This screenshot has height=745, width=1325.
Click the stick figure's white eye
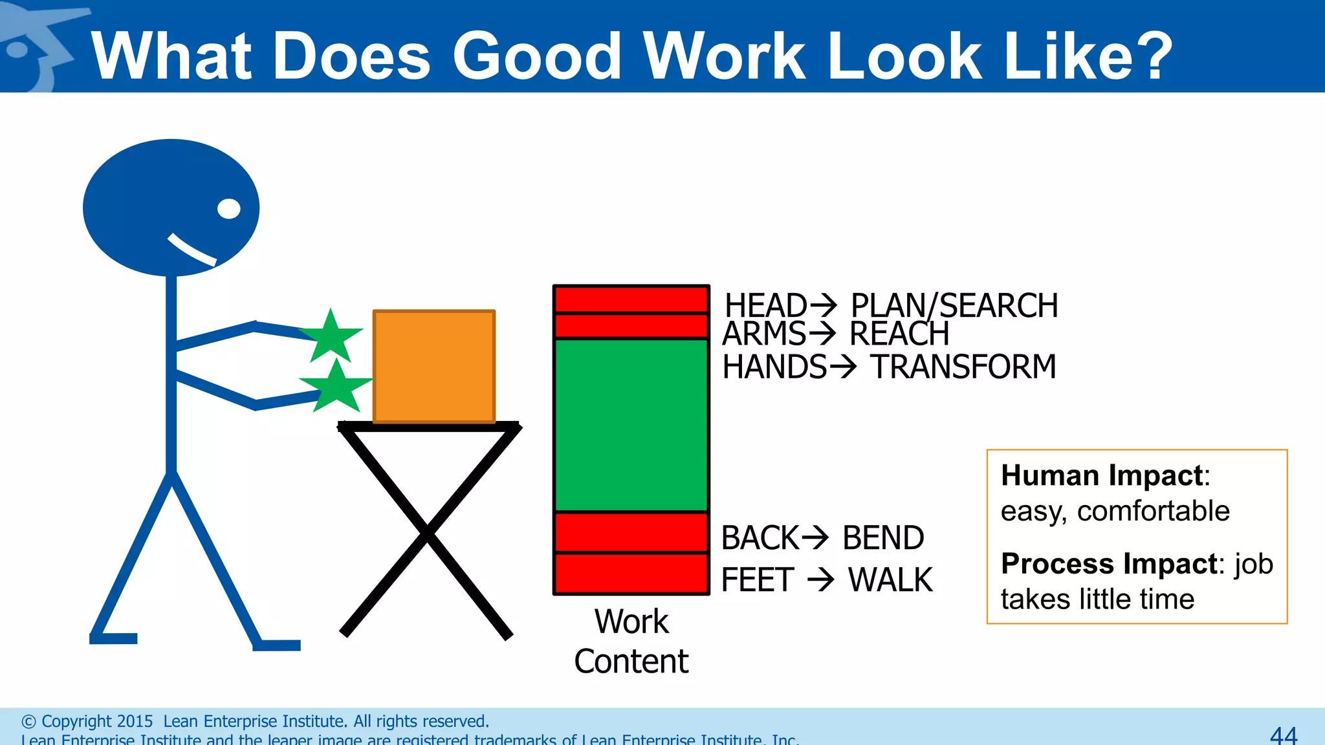click(229, 209)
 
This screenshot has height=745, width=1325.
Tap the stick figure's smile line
click(192, 250)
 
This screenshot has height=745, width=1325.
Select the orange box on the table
click(434, 366)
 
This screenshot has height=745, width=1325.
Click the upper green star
click(331, 337)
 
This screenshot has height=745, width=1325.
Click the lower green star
click(336, 387)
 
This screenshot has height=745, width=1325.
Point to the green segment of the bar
click(631, 425)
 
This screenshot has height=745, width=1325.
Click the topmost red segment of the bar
click(631, 300)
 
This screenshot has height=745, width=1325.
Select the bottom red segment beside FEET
click(631, 573)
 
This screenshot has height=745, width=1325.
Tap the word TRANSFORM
click(963, 367)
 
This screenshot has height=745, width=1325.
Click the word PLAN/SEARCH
click(954, 305)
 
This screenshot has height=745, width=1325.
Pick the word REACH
click(899, 334)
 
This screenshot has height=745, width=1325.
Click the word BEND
click(883, 538)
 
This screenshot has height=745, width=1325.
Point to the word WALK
click(890, 579)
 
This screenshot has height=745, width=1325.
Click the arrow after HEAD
click(824, 304)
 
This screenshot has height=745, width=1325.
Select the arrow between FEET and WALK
click(821, 579)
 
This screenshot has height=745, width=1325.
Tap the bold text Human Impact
click(1102, 475)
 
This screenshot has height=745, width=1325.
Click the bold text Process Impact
click(1109, 564)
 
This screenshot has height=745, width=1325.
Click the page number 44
click(1284, 735)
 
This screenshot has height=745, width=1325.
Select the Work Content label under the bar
click(631, 641)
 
